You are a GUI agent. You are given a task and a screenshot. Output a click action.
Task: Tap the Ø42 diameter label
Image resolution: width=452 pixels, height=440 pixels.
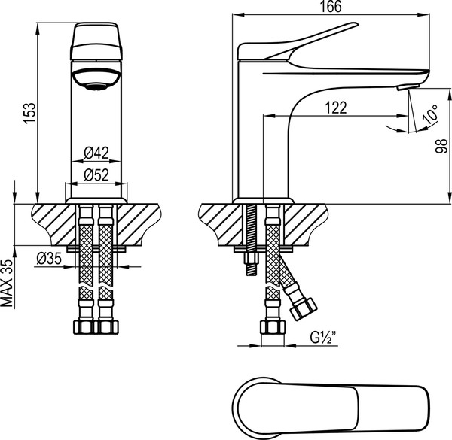coord(96,153)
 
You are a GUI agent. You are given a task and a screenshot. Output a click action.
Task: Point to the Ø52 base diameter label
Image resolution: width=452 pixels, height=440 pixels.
coord(96,174)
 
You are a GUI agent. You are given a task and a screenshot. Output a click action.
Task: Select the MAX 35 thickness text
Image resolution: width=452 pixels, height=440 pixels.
coord(8,285)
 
